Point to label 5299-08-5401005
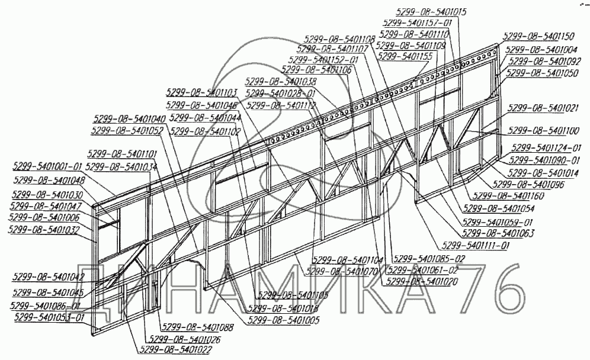point(283,320)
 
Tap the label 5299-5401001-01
point(47,166)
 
